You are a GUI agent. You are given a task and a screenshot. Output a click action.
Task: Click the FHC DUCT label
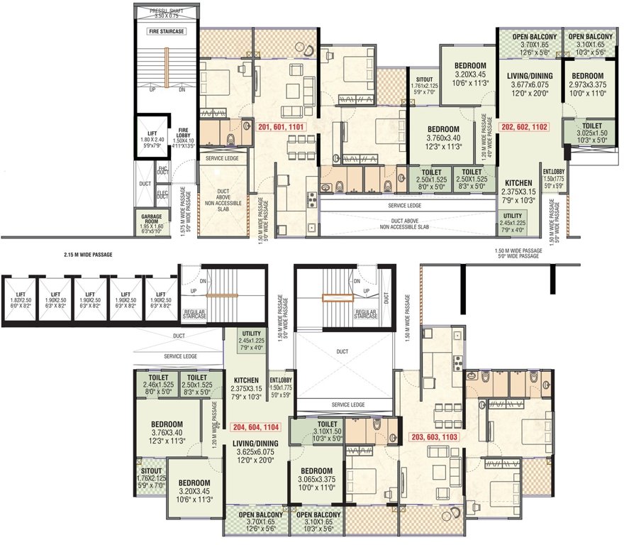(162, 170)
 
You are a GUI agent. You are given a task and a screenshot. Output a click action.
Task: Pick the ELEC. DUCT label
(162, 193)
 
